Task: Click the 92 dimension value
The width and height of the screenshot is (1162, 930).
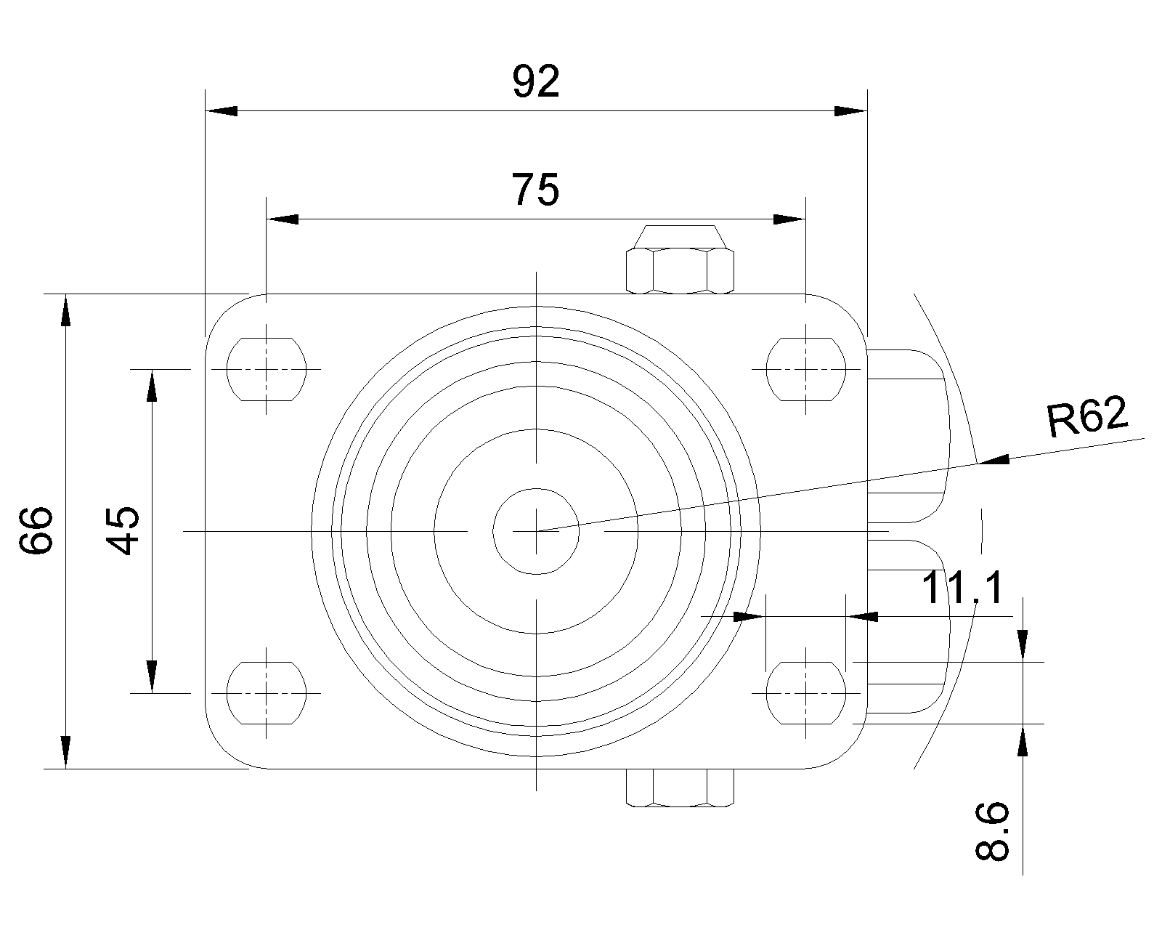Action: pyautogui.click(x=536, y=81)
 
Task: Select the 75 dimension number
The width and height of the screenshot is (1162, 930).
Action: pyautogui.click(x=535, y=190)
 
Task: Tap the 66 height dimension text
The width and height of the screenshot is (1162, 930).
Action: pyautogui.click(x=36, y=530)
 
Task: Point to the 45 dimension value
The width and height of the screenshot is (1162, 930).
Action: pyautogui.click(x=122, y=530)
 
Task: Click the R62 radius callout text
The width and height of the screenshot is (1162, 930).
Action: pyautogui.click(x=1087, y=416)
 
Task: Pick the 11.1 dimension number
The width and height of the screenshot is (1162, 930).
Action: pyautogui.click(x=962, y=587)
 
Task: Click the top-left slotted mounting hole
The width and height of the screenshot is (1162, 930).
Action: pyautogui.click(x=267, y=369)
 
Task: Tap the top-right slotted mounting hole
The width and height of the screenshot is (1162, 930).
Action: pyautogui.click(x=805, y=369)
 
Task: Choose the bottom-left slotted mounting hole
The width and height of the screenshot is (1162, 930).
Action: pyautogui.click(x=267, y=692)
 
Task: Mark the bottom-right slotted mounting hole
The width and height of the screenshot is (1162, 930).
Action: pyautogui.click(x=805, y=692)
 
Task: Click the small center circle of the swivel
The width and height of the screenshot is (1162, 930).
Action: pyautogui.click(x=536, y=531)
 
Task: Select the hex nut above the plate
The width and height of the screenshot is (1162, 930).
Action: pyautogui.click(x=680, y=260)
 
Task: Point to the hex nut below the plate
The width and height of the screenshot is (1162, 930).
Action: pyautogui.click(x=680, y=788)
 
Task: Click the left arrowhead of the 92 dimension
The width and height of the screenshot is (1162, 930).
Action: pyautogui.click(x=222, y=110)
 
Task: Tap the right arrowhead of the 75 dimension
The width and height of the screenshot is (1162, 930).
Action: pyautogui.click(x=789, y=219)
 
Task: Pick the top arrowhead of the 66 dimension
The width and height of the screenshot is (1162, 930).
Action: pyautogui.click(x=65, y=310)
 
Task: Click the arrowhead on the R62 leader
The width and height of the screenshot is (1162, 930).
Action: pyautogui.click(x=994, y=460)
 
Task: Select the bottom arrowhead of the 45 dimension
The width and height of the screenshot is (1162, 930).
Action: pyautogui.click(x=152, y=676)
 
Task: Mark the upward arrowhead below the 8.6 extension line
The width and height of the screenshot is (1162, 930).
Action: pyautogui.click(x=1022, y=740)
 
